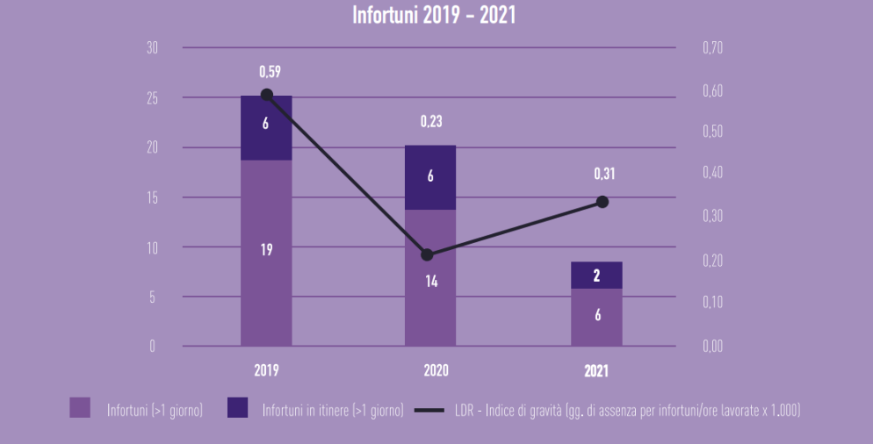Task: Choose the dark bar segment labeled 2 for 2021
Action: [596, 275]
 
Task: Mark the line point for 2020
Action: [427, 255]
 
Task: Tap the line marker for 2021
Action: [602, 202]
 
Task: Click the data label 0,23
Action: [430, 122]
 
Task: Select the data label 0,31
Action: [604, 175]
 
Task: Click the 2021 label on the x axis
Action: [596, 371]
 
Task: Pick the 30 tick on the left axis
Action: [152, 47]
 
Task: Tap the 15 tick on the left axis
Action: [152, 197]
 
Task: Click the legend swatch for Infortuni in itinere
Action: [237, 409]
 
